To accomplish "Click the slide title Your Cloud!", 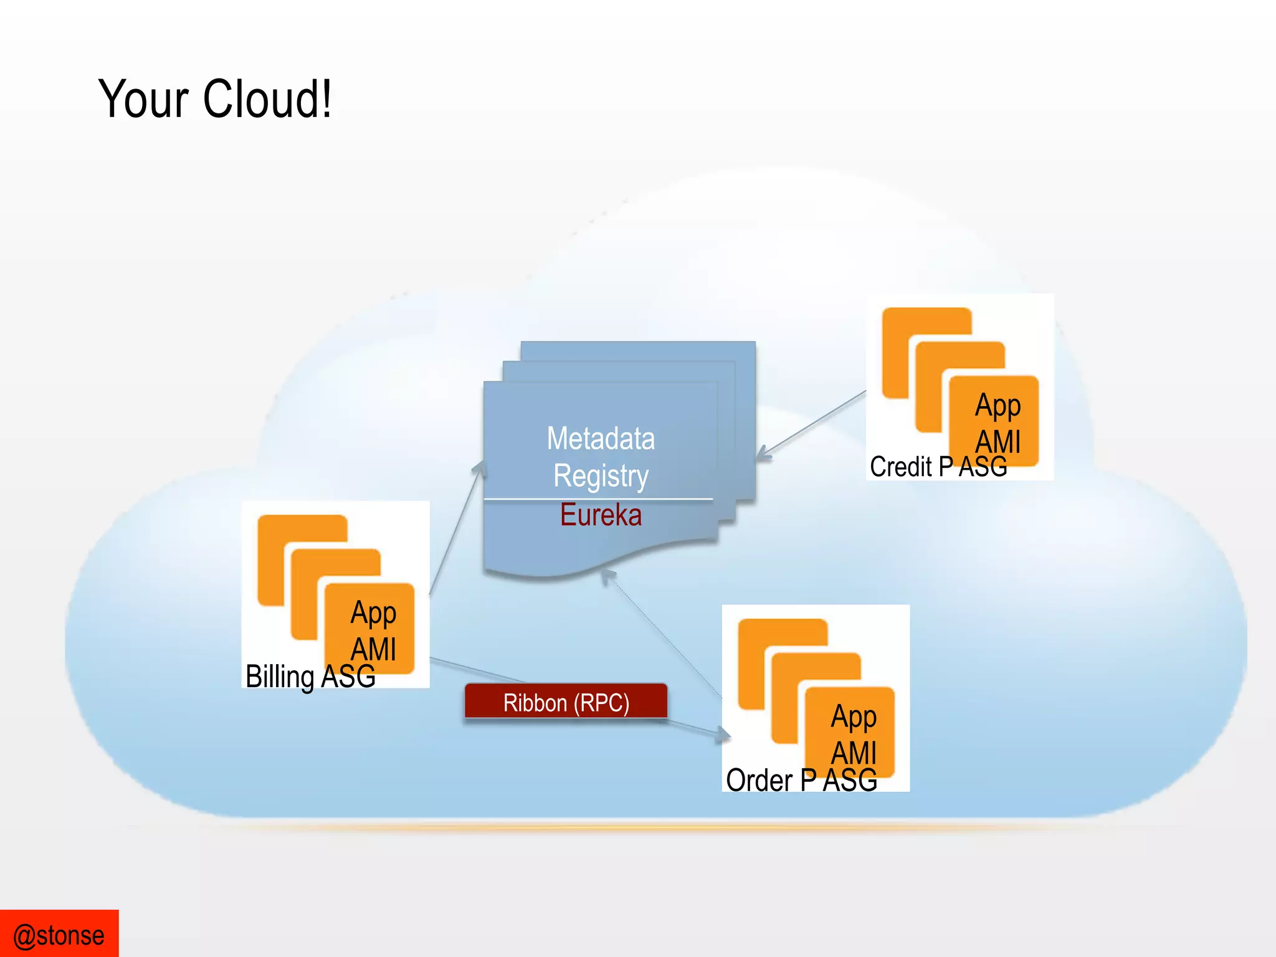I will (215, 100).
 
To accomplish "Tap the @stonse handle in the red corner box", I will (59, 935).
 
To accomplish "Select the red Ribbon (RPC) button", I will (566, 702).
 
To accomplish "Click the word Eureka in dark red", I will (601, 515).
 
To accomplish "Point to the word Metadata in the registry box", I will (601, 439).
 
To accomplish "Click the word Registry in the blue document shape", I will (601, 476).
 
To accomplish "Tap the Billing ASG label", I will (310, 677).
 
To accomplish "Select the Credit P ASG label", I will (938, 467).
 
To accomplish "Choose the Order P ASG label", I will (801, 781).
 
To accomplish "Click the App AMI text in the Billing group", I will (373, 631).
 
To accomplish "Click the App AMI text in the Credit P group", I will (997, 423).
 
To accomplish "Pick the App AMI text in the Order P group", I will (854, 735).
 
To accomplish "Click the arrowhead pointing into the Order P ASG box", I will (723, 735).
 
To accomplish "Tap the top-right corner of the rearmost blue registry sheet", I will (754, 343).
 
